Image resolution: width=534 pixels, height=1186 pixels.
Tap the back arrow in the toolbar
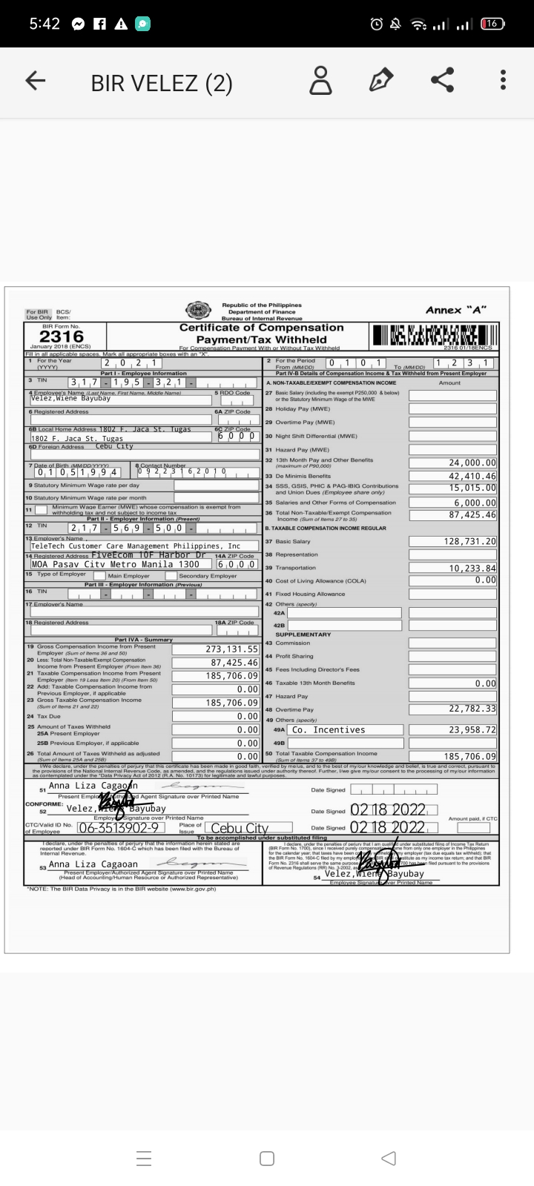[x=35, y=82]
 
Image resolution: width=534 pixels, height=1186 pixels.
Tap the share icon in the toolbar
[x=443, y=81]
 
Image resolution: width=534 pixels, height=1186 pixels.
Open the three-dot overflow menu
[x=503, y=81]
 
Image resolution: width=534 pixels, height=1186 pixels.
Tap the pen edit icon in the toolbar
[x=381, y=81]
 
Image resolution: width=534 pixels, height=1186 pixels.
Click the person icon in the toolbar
[x=320, y=81]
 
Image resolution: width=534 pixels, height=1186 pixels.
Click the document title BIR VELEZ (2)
[x=162, y=83]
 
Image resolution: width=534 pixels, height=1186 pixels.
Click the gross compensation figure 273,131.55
[x=232, y=649]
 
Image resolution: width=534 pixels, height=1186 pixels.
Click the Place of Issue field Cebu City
[x=240, y=829]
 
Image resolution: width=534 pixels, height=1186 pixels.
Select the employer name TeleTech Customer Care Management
[x=136, y=546]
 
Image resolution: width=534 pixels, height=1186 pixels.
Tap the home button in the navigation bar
[x=267, y=1158]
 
